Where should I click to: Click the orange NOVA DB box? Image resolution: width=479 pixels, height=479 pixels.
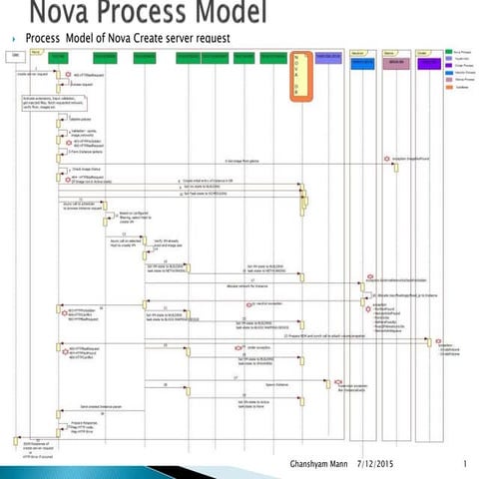pyautogui.click(x=296, y=76)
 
